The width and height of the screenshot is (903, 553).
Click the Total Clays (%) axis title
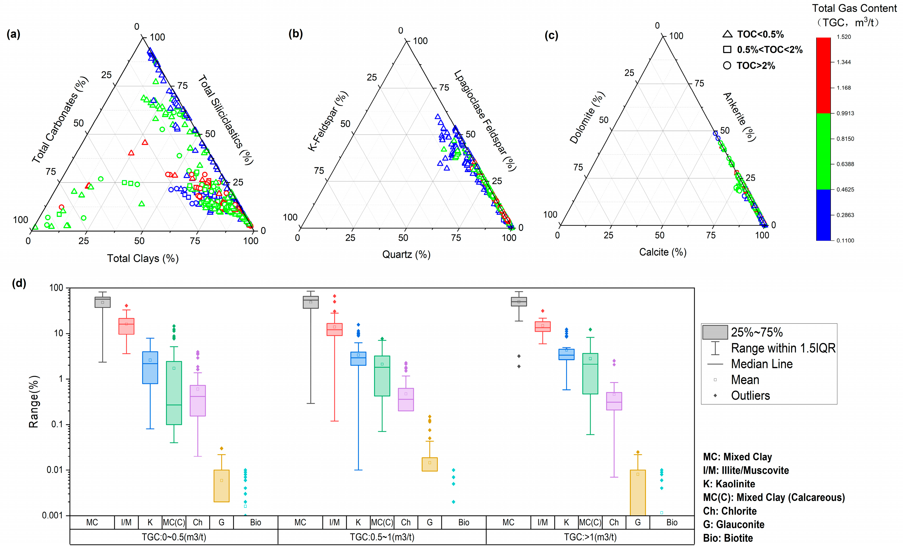[143, 258]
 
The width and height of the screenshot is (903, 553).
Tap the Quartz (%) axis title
[406, 255]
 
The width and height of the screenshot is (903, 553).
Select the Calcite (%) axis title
[663, 252]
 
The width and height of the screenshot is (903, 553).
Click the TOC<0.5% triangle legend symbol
[727, 34]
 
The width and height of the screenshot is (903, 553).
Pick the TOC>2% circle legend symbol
[727, 66]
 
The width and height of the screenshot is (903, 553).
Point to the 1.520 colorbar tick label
[844, 37]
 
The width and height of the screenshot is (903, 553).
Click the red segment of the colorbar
[823, 75]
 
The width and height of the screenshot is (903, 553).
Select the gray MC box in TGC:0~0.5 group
[103, 302]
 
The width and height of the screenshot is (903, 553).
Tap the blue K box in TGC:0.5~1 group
[358, 359]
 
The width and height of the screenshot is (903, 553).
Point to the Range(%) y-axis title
[34, 401]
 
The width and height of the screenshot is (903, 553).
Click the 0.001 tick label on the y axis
[52, 516]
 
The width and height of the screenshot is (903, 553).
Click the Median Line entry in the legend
[761, 364]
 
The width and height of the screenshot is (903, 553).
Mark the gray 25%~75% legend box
[715, 332]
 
